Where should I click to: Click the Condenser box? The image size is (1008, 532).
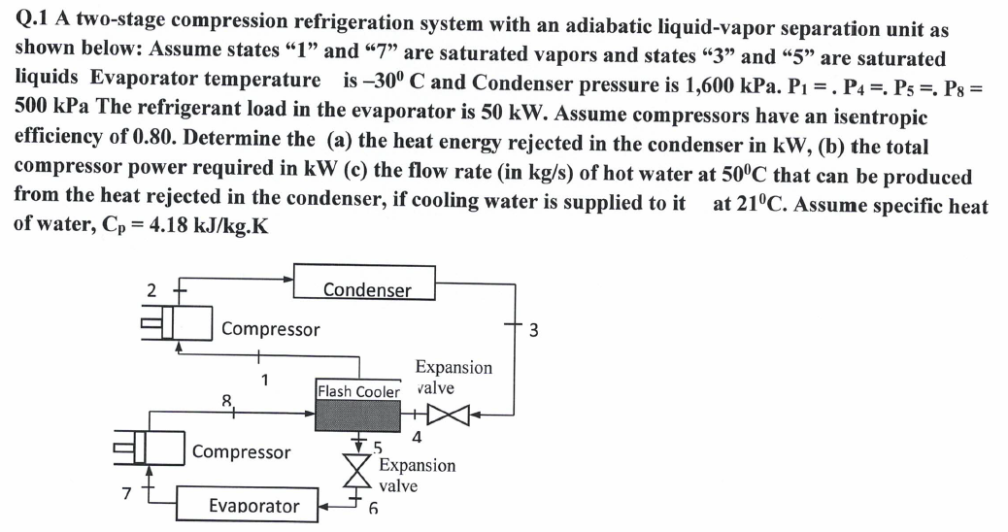click(366, 289)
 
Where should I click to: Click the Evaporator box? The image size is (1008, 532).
click(253, 506)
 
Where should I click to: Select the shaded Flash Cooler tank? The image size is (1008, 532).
click(358, 416)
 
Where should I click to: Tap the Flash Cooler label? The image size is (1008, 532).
click(358, 391)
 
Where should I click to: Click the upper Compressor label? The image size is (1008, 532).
click(270, 329)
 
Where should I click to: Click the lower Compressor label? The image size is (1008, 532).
click(241, 452)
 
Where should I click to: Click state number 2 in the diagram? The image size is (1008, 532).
click(151, 287)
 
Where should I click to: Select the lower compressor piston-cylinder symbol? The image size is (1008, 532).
click(147, 453)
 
